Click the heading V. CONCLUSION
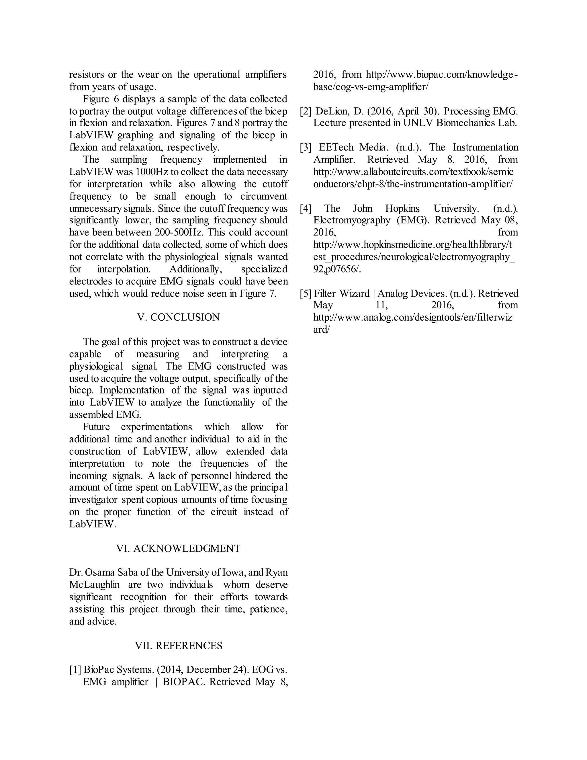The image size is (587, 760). pyautogui.click(x=178, y=317)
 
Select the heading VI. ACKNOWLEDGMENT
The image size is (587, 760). pyautogui.click(x=178, y=548)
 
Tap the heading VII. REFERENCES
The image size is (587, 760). pyautogui.click(x=178, y=646)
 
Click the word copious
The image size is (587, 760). pyautogui.click(x=162, y=500)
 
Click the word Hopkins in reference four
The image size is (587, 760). pyautogui.click(x=402, y=209)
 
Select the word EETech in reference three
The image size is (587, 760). pyautogui.click(x=334, y=147)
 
